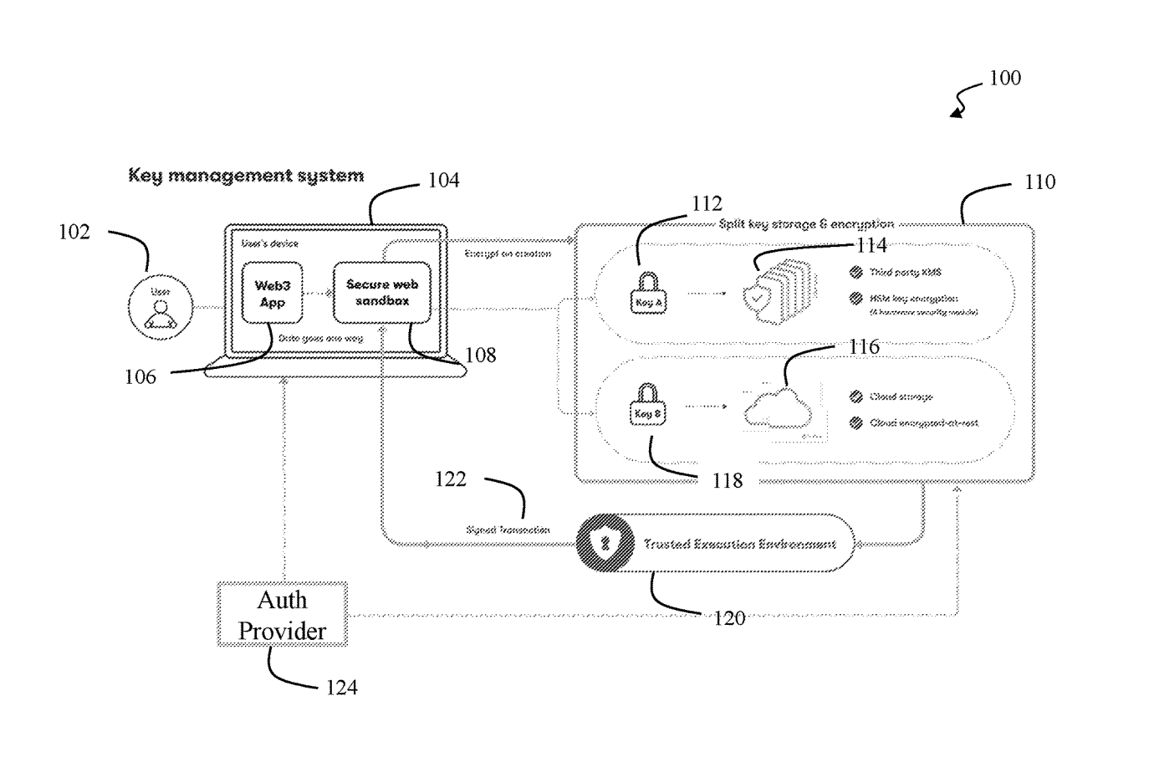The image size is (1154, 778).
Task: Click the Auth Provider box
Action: click(282, 615)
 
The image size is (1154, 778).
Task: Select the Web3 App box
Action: click(272, 294)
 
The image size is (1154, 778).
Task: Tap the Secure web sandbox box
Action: click(382, 293)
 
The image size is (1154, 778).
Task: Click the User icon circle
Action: click(161, 307)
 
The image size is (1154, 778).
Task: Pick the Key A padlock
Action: click(648, 294)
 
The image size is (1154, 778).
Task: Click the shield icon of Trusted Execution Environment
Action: click(605, 544)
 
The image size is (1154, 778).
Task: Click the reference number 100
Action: click(1004, 79)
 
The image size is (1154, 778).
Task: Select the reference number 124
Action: click(341, 688)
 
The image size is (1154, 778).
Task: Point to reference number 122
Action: click(450, 479)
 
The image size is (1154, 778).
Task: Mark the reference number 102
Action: click(74, 233)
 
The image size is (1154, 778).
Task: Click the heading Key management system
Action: click(246, 176)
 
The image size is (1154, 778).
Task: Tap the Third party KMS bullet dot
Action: click(855, 272)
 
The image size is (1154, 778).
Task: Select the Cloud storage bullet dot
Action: click(855, 397)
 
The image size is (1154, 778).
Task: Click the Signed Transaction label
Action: click(508, 530)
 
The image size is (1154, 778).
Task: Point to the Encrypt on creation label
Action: click(508, 253)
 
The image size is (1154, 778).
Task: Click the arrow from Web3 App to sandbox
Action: click(317, 293)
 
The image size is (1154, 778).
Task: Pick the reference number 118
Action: click(727, 481)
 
